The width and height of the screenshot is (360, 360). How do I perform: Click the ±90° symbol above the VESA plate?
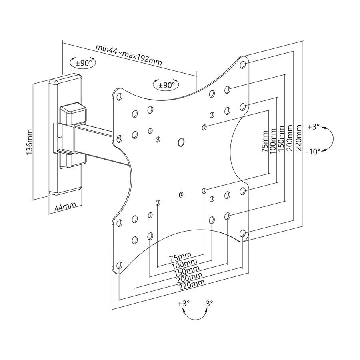click(x=166, y=85)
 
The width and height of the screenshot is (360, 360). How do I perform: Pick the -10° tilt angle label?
click(x=314, y=152)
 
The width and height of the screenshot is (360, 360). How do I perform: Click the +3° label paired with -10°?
click(x=314, y=127)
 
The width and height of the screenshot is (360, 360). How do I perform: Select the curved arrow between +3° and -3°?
click(x=195, y=316)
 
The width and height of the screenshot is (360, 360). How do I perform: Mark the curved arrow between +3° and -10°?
click(x=330, y=139)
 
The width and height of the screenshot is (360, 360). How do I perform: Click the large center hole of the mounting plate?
click(x=181, y=142)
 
